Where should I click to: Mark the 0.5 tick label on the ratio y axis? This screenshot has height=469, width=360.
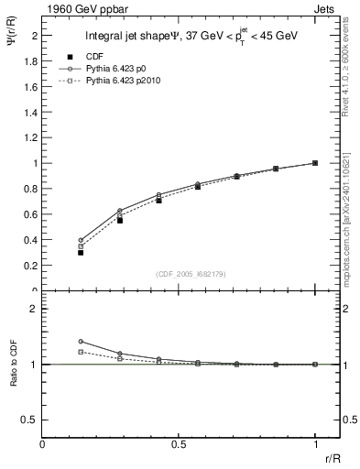click(31, 420)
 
